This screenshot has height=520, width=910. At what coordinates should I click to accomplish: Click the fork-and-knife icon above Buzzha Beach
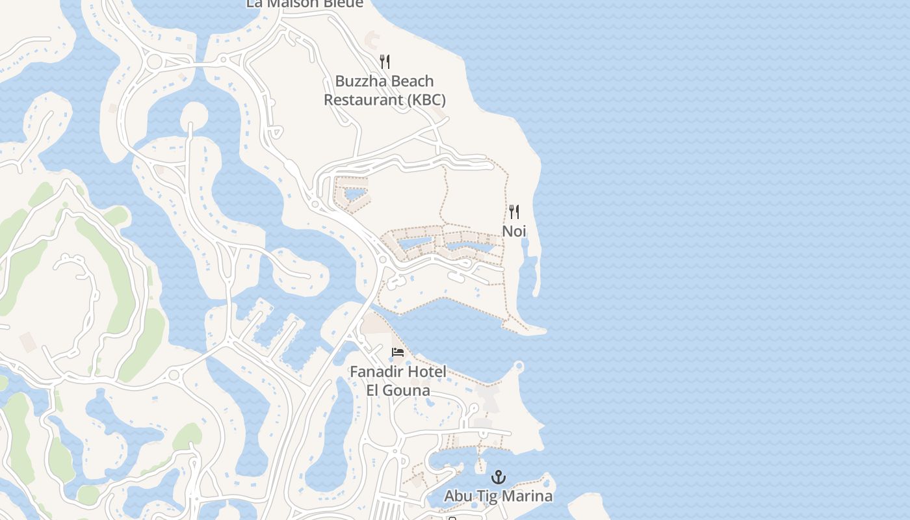click(385, 62)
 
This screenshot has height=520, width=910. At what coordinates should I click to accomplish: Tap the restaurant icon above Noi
click(514, 212)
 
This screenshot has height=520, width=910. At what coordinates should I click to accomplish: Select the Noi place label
click(514, 231)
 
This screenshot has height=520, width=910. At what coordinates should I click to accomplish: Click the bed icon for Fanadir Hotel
click(398, 352)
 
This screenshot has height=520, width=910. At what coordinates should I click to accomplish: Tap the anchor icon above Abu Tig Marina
click(499, 478)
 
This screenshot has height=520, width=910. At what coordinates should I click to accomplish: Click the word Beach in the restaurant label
click(411, 81)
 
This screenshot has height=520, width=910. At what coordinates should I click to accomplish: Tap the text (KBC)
click(426, 100)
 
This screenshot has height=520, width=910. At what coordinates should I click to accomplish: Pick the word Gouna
click(408, 391)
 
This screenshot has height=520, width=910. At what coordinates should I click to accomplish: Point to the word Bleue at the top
click(341, 3)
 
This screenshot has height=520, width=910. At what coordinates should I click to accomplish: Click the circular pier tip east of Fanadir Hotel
click(519, 366)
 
